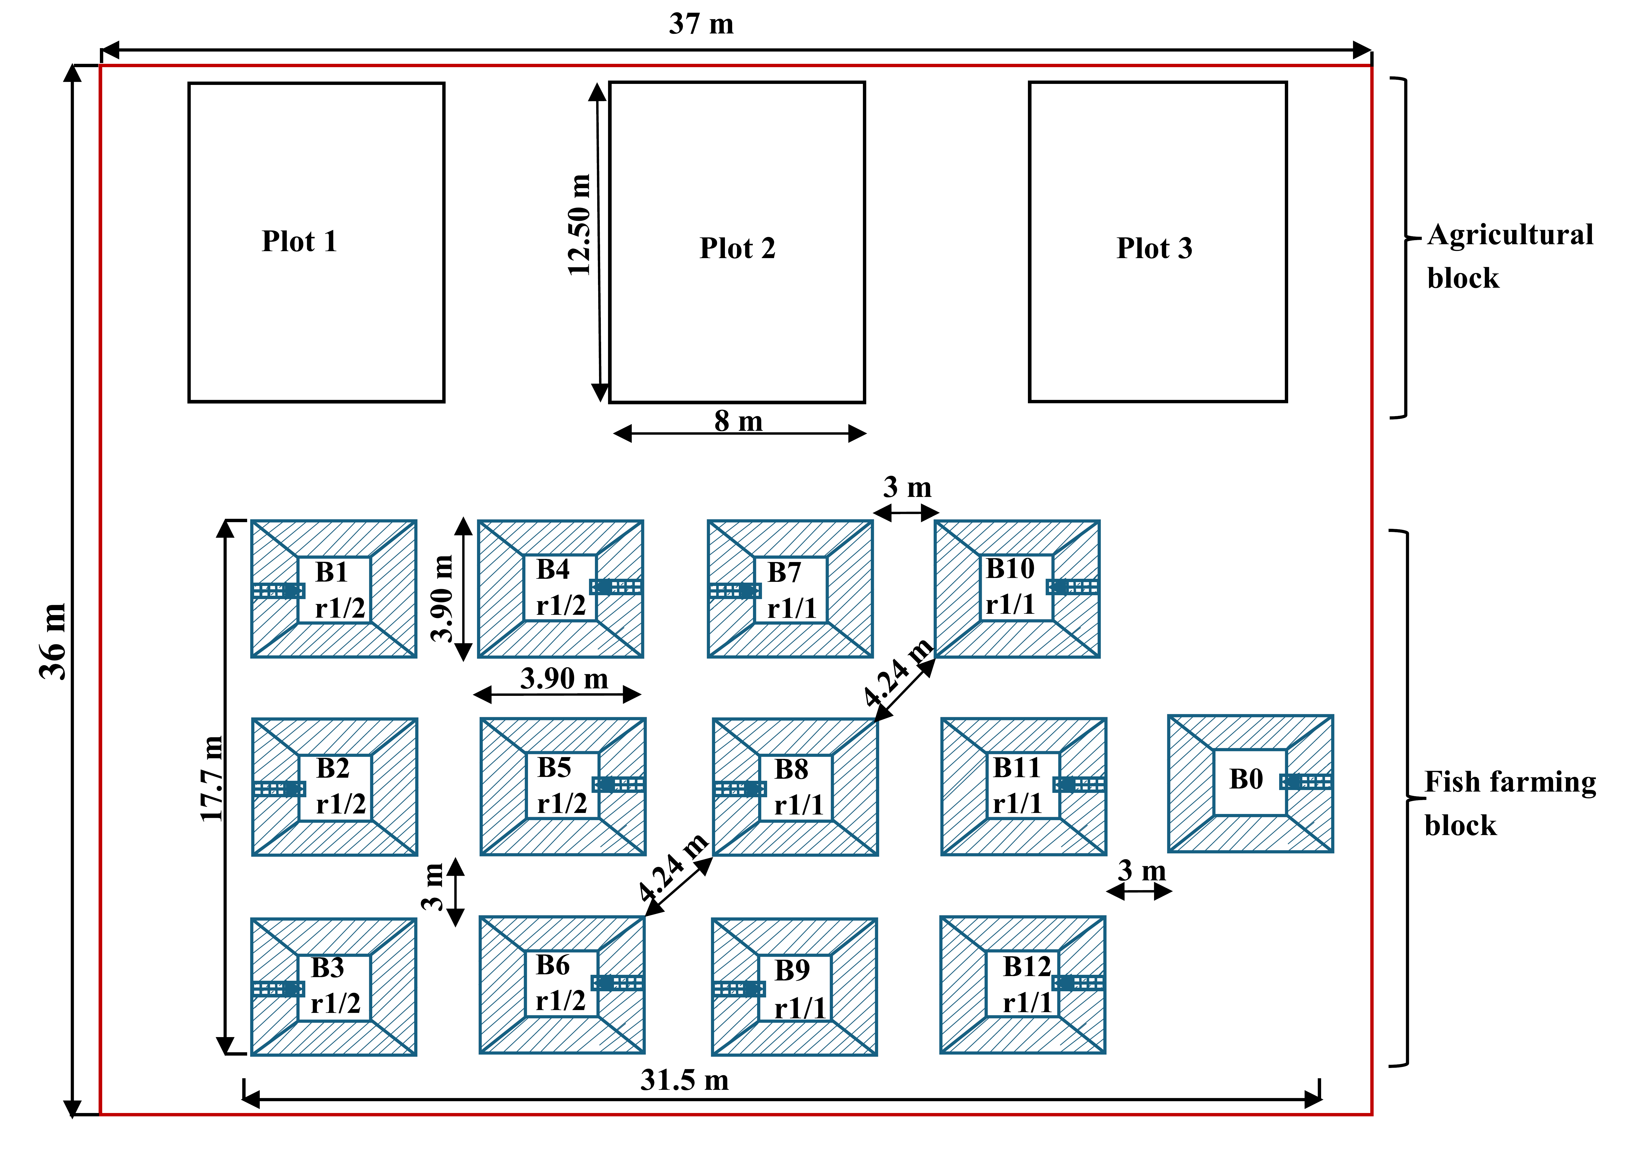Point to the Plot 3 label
click(1154, 248)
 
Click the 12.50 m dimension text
click(579, 224)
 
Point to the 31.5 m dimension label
click(684, 1080)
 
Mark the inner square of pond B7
click(791, 590)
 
